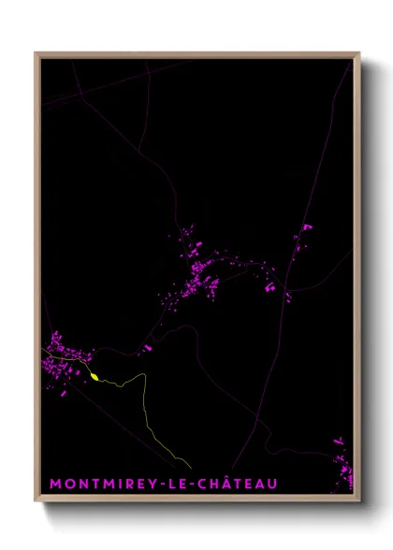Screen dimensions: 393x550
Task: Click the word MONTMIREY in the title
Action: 102,484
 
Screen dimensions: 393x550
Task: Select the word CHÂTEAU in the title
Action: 238,484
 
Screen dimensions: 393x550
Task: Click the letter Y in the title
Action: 153,484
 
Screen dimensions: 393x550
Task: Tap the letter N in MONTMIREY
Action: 81,484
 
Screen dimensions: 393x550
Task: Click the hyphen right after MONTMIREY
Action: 163,485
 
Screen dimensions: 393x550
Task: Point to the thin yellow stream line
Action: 147,412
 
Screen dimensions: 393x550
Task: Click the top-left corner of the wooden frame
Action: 36,54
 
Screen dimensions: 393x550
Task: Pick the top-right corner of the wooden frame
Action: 358,54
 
